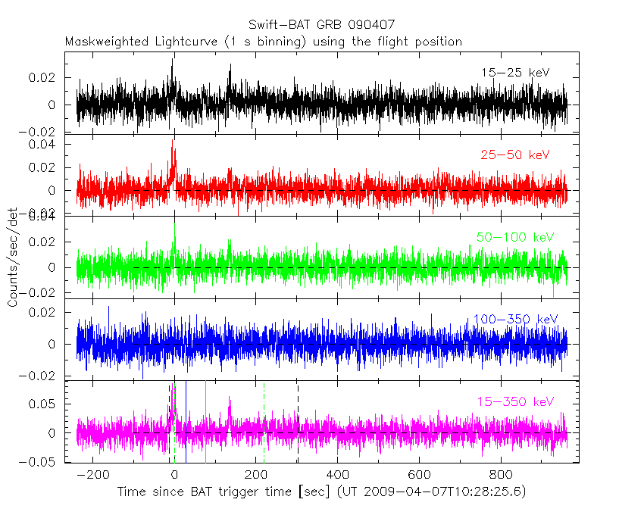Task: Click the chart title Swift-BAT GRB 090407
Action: pyautogui.click(x=321, y=26)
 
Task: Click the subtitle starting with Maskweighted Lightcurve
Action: pyautogui.click(x=263, y=42)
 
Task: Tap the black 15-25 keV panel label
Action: pyautogui.click(x=514, y=73)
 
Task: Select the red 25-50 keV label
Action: pyautogui.click(x=514, y=155)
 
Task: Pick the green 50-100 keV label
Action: pyautogui.click(x=515, y=238)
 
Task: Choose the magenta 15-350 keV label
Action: pyautogui.click(x=515, y=401)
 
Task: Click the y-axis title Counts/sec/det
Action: pyautogui.click(x=13, y=258)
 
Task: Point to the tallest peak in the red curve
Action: pyautogui.click(x=173, y=142)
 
